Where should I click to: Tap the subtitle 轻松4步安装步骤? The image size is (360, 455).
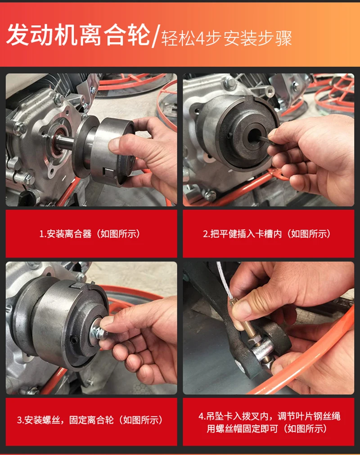pos(226,38)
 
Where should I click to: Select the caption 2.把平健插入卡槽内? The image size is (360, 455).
pos(242,234)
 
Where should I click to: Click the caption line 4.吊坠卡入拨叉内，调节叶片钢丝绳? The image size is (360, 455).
pos(269,417)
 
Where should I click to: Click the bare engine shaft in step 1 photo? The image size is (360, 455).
pos(65,142)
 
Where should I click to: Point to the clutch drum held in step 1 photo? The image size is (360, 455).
pos(113,151)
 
